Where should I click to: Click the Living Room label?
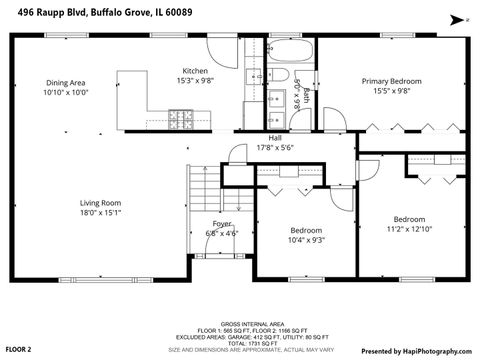click(x=101, y=203)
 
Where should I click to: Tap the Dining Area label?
click(x=65, y=83)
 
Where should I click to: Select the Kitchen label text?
click(x=194, y=71)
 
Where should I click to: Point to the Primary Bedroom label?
click(x=391, y=81)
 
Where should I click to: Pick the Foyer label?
click(x=221, y=223)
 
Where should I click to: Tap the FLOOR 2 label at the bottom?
click(x=19, y=350)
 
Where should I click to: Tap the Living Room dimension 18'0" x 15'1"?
click(x=101, y=213)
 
